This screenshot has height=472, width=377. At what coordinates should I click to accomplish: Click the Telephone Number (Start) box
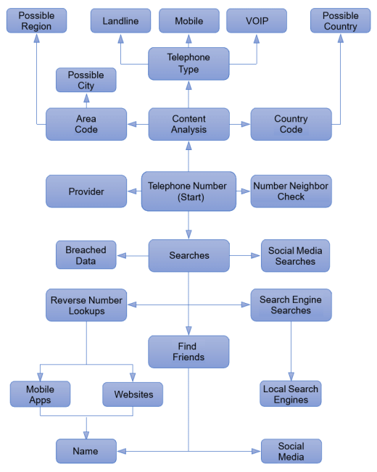pyautogui.click(x=188, y=191)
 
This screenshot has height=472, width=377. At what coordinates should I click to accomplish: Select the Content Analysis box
pyautogui.click(x=188, y=124)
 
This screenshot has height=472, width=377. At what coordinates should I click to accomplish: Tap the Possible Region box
pyautogui.click(x=36, y=20)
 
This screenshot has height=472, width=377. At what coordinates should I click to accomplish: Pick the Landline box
pyautogui.click(x=120, y=21)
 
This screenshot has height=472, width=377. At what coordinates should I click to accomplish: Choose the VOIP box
pyautogui.click(x=257, y=21)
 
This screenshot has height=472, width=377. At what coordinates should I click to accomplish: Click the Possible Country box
pyautogui.click(x=341, y=20)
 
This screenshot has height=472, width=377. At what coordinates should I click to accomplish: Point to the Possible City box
pyautogui.click(x=86, y=80)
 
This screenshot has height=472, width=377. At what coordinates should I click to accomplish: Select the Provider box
pyautogui.click(x=86, y=191)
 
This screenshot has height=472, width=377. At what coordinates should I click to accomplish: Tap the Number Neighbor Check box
pyautogui.click(x=291, y=191)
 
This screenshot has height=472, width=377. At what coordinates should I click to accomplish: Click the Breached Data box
pyautogui.click(x=86, y=254)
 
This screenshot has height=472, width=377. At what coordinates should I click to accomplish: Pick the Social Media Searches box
pyautogui.click(x=295, y=255)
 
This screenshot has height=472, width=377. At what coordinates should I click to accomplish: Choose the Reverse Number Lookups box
pyautogui.click(x=86, y=305)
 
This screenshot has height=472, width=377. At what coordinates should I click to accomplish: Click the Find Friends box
pyautogui.click(x=188, y=352)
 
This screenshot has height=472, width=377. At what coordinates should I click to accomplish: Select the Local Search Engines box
pyautogui.click(x=291, y=394)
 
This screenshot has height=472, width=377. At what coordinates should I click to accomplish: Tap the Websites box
pyautogui.click(x=133, y=394)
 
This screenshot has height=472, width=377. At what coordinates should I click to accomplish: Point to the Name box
pyautogui.click(x=86, y=451)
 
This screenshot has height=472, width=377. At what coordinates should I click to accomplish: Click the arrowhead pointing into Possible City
pyautogui.click(x=86, y=98)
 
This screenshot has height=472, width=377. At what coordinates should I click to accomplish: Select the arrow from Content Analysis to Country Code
pyautogui.click(x=240, y=124)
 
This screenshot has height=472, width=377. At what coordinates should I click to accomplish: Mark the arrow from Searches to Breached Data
pyautogui.click(x=133, y=255)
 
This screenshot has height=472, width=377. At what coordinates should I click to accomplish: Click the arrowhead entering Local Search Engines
pyautogui.click(x=291, y=376)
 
